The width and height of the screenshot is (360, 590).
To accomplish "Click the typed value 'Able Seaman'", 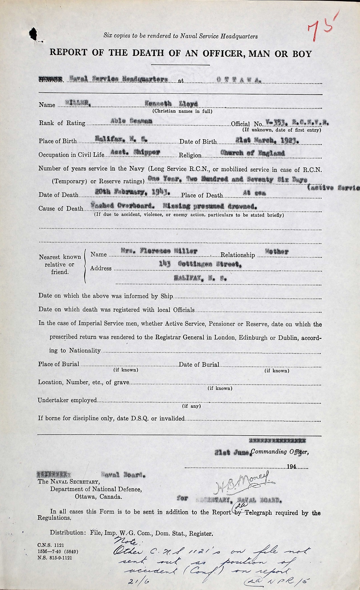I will pyautogui.click(x=132, y=121).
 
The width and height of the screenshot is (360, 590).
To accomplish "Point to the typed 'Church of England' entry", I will pyautogui.click(x=252, y=153).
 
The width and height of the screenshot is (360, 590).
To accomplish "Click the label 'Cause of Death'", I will pyautogui.click(x=61, y=208).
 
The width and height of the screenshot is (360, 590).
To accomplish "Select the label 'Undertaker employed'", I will pyautogui.click(x=67, y=400).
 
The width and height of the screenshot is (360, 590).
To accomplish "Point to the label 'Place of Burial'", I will pyautogui.click(x=58, y=364).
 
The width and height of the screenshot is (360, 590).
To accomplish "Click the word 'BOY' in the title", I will pyautogui.click(x=300, y=54).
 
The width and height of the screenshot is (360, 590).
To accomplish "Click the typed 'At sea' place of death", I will pyautogui.click(x=254, y=194).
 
